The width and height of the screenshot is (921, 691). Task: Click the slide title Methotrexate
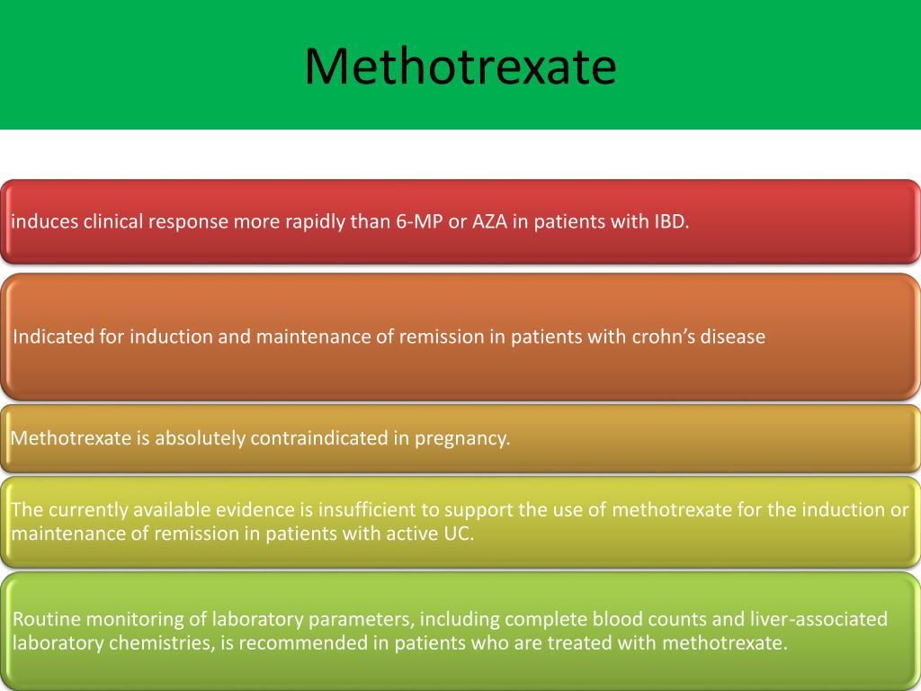click(460, 67)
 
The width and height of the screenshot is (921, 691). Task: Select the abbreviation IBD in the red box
click(666, 222)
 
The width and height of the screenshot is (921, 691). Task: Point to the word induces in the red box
click(44, 222)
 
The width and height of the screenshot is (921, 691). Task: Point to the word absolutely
click(200, 439)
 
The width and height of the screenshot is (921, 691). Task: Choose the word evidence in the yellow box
click(256, 510)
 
